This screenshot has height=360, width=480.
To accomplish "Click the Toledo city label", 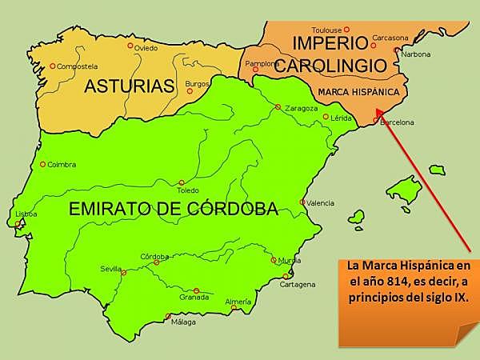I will coord(187,190).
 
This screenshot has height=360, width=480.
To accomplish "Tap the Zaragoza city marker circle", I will coord(278,107).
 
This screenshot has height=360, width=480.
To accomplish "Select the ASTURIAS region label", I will coord(129,86).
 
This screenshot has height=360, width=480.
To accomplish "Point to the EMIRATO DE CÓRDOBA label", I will coord(173,210).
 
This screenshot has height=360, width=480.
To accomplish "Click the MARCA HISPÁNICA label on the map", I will coord(358,92).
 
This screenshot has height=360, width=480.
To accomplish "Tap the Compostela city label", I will coord(77,66).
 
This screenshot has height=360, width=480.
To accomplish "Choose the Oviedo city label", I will coord(146,48).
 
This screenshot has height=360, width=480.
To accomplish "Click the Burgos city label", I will coord(197,83).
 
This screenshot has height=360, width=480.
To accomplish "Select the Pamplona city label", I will coord(261,63).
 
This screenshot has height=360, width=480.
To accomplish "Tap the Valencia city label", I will coord(320,202).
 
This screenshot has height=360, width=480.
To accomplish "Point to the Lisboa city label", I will coord(26,214).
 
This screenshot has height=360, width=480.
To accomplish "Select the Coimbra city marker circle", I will coord(42,165).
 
